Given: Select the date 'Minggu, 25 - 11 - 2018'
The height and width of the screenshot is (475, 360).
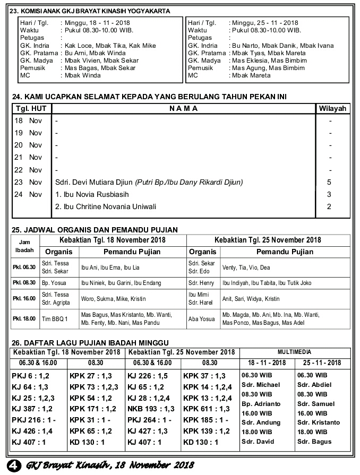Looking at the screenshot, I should [x=263, y=23].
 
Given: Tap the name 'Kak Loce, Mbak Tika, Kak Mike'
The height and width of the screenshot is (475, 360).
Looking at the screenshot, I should [x=110, y=46].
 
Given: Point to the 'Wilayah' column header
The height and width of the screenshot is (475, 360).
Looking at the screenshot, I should [x=332, y=109].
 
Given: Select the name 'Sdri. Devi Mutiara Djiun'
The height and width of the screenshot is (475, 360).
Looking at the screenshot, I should [x=94, y=182].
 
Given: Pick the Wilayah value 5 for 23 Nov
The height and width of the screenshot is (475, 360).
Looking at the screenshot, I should [x=330, y=182].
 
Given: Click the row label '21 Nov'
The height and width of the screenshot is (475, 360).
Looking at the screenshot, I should [x=28, y=158].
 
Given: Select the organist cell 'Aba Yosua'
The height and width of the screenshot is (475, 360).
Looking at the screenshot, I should [x=200, y=318].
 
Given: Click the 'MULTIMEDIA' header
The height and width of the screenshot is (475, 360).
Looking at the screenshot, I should [x=295, y=352].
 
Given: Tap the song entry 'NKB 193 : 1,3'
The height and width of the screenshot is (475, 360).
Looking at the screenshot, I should [x=151, y=409].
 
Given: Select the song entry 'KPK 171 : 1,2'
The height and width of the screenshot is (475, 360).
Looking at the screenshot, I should [x=93, y=409].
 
